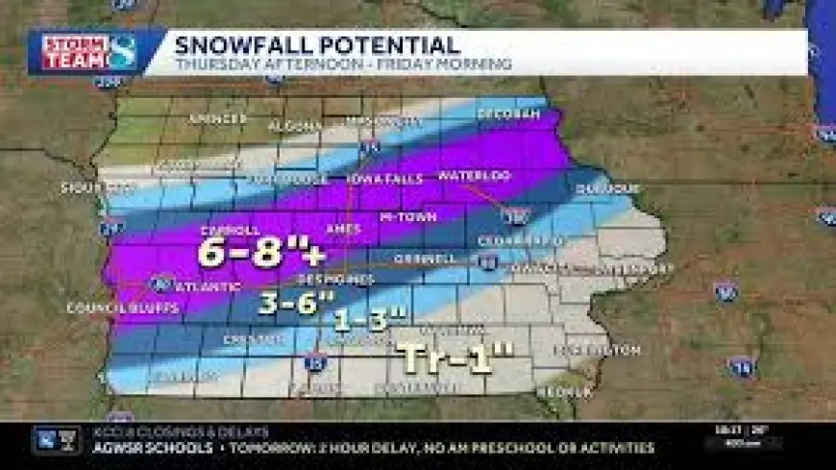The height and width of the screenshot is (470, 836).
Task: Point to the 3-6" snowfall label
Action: pyautogui.click(x=295, y=302)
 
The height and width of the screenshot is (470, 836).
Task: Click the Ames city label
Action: pyautogui.click(x=343, y=229)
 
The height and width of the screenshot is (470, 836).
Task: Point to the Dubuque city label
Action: pyautogui.click(x=607, y=188)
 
